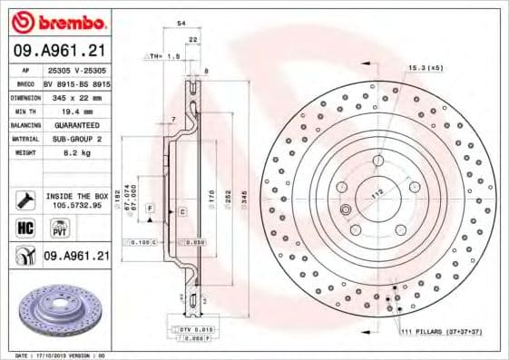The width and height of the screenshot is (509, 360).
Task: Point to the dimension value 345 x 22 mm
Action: tap(79, 96)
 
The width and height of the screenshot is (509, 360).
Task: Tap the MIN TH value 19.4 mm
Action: tap(79, 110)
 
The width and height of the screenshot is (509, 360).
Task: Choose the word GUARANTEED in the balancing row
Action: tap(79, 124)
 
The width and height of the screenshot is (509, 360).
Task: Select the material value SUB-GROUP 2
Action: tap(79, 139)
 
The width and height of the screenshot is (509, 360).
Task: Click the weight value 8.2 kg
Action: tap(79, 153)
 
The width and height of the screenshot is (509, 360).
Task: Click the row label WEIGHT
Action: tap(24, 153)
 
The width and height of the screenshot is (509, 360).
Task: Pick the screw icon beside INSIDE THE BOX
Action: tap(24, 199)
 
